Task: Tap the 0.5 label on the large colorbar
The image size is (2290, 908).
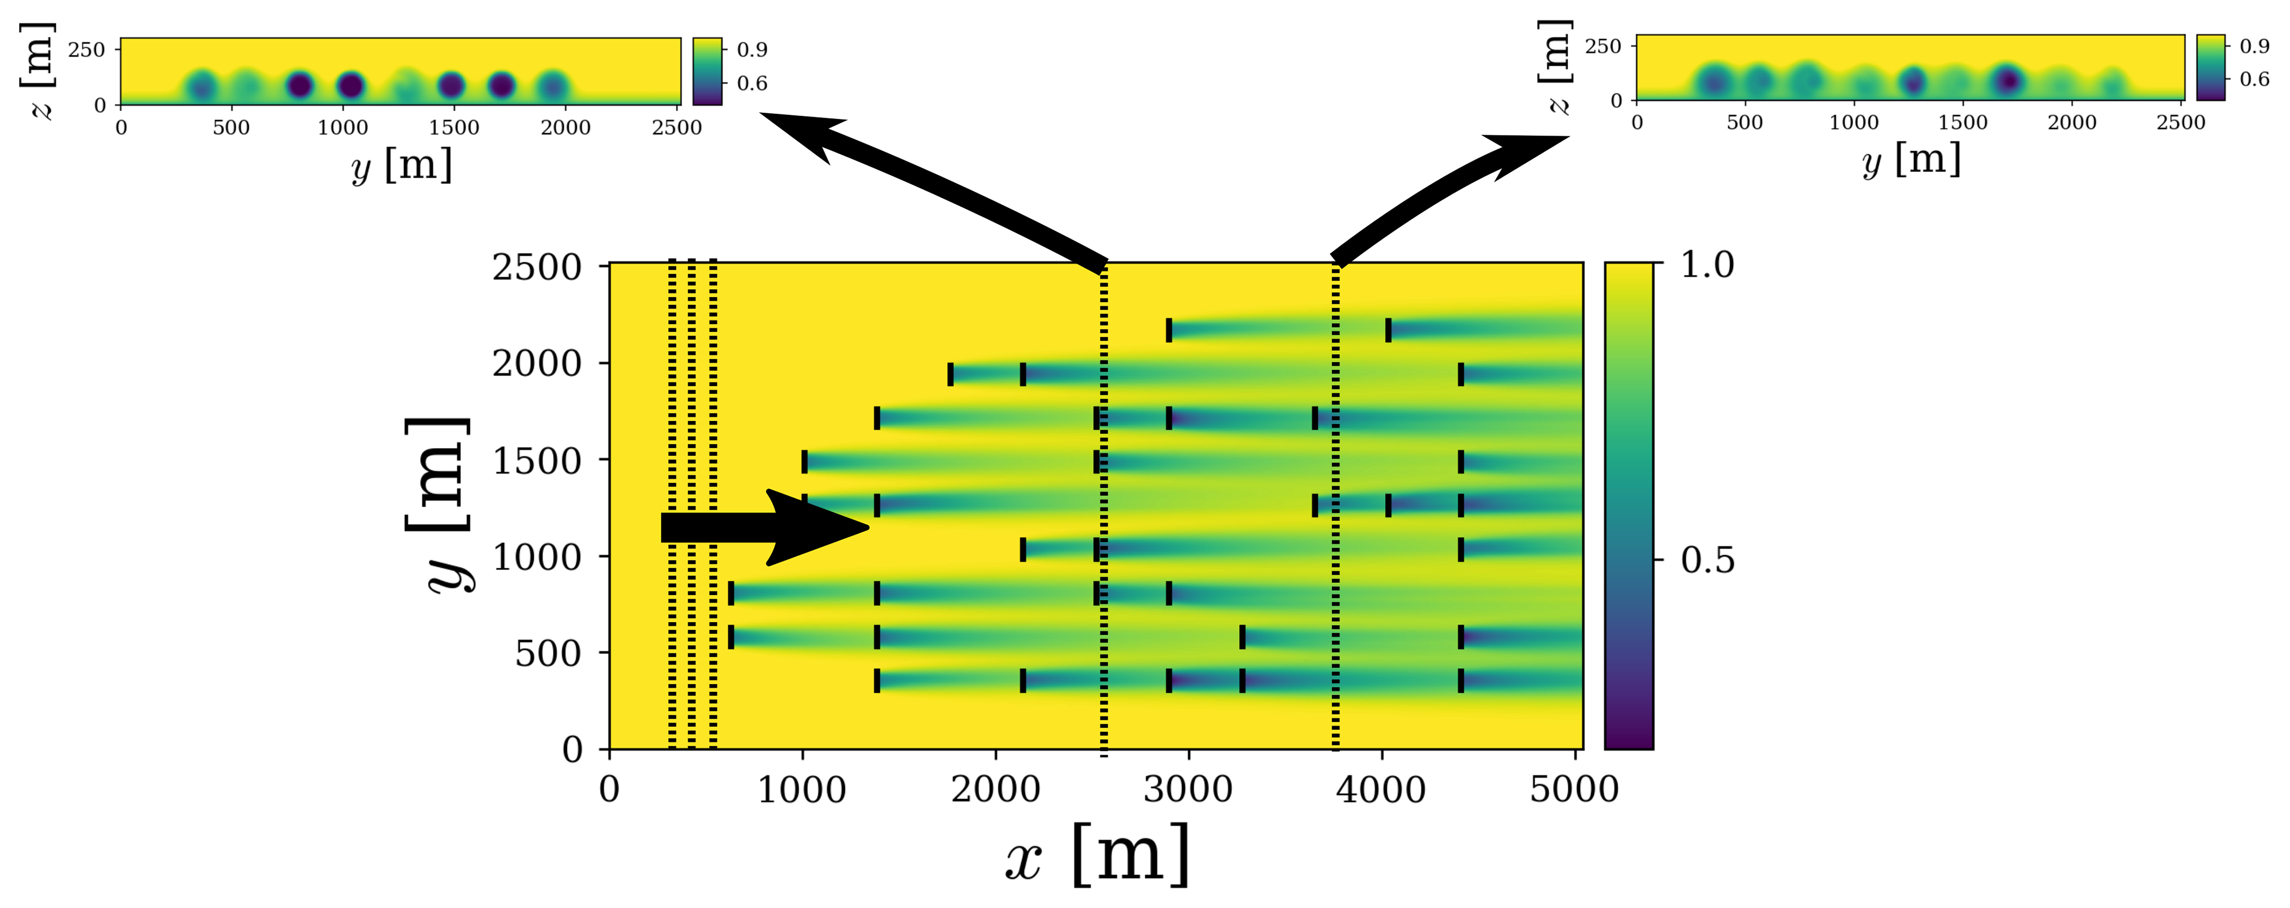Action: pos(1707,560)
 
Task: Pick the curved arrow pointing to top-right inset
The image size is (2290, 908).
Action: pos(1440,191)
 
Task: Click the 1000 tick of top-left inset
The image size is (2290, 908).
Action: pos(343,127)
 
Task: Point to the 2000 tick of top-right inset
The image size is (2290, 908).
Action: pos(2071,122)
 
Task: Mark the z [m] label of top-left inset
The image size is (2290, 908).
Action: pos(38,71)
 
